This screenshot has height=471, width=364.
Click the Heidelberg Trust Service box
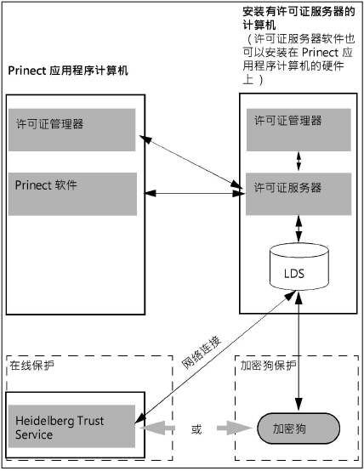point(71,427)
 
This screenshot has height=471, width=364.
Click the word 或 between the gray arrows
point(196,428)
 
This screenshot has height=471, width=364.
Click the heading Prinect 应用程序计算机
point(68,71)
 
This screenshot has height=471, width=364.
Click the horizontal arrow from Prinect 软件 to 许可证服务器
point(190,196)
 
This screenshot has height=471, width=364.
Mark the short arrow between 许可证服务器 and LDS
point(297,226)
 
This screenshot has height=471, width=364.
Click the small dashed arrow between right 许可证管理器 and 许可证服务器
point(297,161)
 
